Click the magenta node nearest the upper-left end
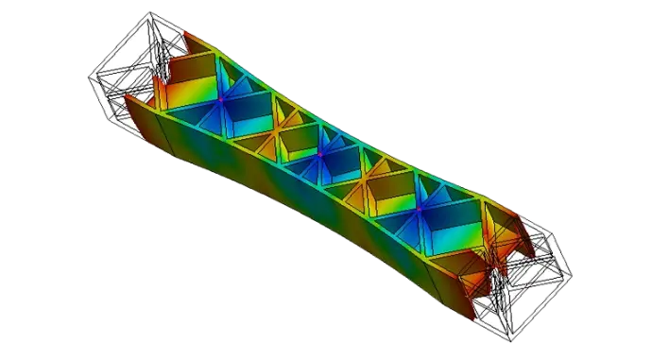pyautogui.click(x=220, y=97)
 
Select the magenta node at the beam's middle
pyautogui.click(x=320, y=152)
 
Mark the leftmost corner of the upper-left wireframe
pyautogui.click(x=86, y=76)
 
